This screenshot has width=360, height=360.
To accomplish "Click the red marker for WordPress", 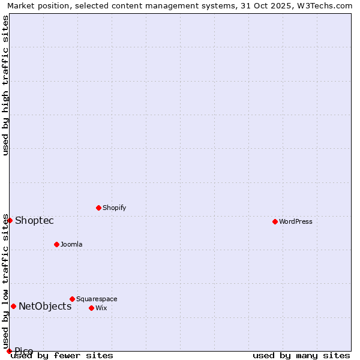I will tap(275, 221).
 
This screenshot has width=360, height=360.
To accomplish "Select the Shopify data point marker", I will tap(99, 208).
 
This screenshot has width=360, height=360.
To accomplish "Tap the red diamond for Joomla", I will tap(57, 244).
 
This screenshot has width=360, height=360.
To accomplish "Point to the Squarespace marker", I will tap(73, 299).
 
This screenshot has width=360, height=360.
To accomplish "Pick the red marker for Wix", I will tap(92, 308).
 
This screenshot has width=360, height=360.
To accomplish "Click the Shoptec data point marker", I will tap(10, 220).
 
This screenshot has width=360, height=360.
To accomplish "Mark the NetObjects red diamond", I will tap(13, 306).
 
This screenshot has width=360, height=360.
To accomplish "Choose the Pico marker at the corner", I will tap(10, 351).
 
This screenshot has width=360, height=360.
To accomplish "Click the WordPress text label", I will tap(296, 221).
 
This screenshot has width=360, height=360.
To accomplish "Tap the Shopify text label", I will tap(114, 208).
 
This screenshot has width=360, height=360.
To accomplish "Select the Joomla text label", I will tap(71, 244).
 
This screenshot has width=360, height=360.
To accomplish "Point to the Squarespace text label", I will tap(97, 299).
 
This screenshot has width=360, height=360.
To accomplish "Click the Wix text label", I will tap(101, 308).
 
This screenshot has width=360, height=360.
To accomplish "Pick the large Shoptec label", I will tap(34, 220).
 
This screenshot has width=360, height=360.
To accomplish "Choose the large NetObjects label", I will tap(45, 306).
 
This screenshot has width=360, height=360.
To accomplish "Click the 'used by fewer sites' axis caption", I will tap(62, 356).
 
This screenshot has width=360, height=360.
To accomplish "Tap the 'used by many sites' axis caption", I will tap(301, 356).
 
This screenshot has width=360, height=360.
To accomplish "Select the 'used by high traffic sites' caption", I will tap(5, 85).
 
